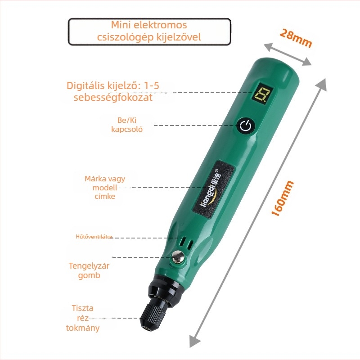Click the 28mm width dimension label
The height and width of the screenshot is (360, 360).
coord(296,38)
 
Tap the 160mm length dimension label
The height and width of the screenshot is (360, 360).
coord(283,198)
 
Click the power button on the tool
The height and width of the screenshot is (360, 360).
coord(246,126)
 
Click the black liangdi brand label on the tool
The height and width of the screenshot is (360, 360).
coord(214,189)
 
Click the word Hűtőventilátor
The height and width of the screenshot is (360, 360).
coord(94,237)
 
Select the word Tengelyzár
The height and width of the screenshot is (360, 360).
coord(89,265)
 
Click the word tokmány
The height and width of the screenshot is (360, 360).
coord(83,328)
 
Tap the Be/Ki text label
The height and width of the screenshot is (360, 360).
coord(127,120)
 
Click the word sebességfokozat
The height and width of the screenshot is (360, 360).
coord(113,97)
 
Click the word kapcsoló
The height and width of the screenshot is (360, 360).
coord(127,129)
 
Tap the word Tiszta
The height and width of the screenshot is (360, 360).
coord(83,308)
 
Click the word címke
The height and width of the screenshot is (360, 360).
coord(105,196)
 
